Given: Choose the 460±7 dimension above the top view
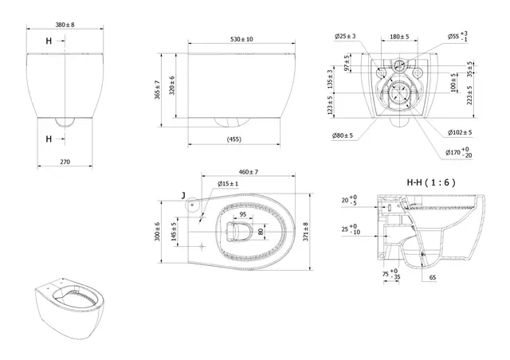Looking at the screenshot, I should click(243, 172).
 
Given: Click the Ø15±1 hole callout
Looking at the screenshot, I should click(228, 185).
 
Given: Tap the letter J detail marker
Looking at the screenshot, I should click(184, 194).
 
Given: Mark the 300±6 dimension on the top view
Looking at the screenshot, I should click(158, 232).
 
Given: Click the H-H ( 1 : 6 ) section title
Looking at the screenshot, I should click(430, 182).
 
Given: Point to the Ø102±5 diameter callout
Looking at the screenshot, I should click(460, 132).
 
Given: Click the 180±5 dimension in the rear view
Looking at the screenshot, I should click(400, 37).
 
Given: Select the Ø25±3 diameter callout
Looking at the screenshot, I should click(345, 37).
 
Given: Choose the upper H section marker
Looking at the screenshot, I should click(49, 40).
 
